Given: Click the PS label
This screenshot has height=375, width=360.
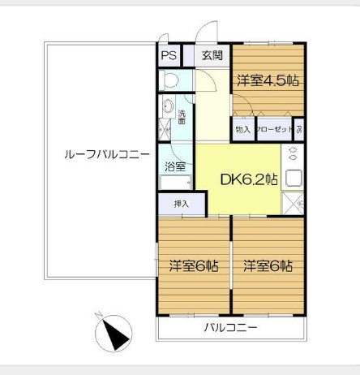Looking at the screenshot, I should tap(169, 56).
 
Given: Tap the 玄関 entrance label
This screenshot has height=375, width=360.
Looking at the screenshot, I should tap(212, 56).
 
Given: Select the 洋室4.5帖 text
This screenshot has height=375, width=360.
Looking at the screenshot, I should tap(268, 80).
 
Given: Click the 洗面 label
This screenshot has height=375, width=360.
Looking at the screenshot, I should tap(182, 116).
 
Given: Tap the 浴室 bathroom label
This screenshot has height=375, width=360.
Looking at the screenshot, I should tap(176, 166).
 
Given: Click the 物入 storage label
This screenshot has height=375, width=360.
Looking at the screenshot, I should tap(242, 129).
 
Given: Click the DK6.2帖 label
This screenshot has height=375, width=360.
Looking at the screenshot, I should tap(249, 179).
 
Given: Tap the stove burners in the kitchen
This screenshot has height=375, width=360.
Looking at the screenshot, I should tap(293, 153).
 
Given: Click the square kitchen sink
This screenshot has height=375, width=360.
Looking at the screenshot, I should tap(294, 178).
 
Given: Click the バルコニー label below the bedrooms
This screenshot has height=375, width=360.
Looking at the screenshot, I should tap(230, 329).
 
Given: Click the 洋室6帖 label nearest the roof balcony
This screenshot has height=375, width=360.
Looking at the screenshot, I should tap(194, 265).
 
